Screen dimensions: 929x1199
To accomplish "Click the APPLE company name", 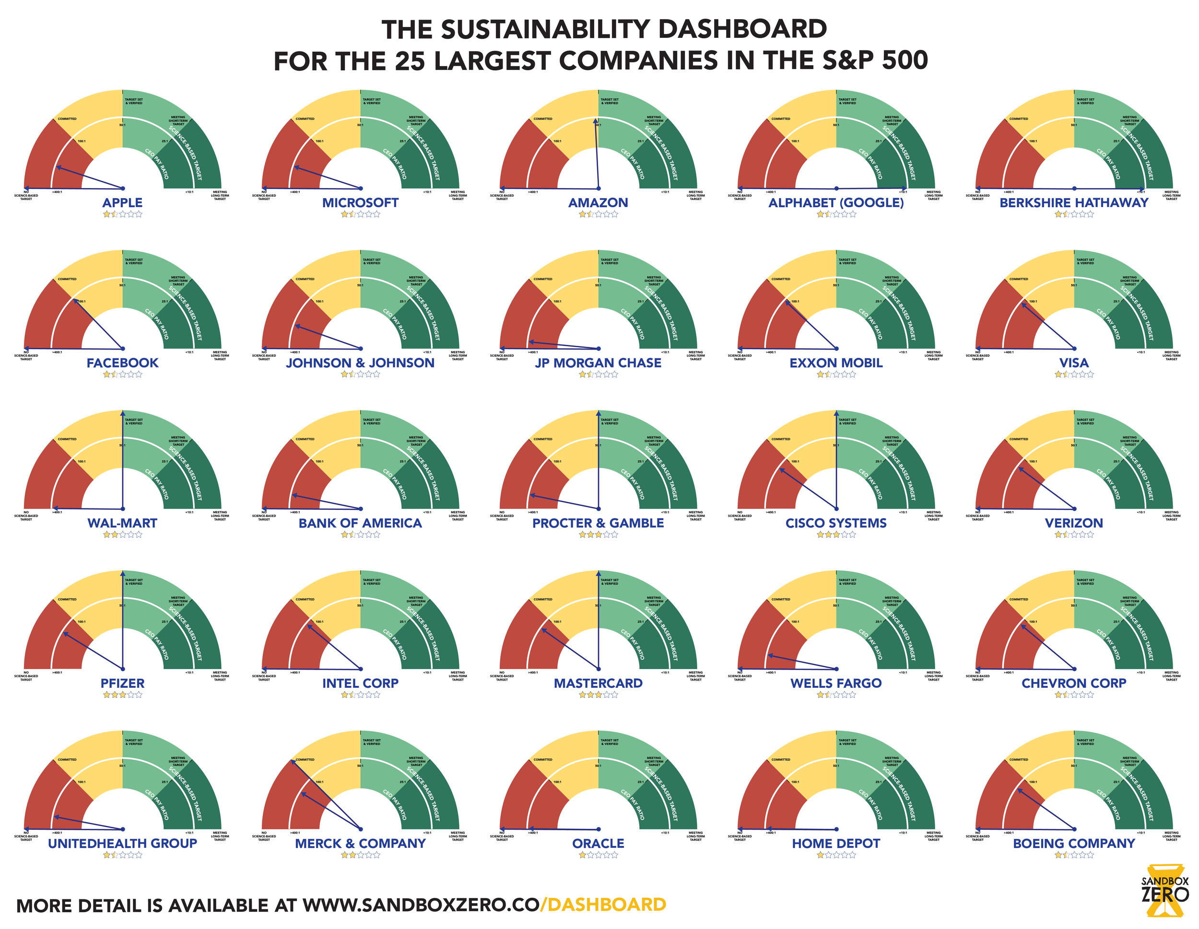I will [122, 202].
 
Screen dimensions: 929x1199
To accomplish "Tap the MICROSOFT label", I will [360, 202].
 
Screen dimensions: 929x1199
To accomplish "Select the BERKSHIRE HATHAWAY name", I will [1074, 202].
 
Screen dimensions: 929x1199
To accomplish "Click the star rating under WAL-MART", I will [122, 534].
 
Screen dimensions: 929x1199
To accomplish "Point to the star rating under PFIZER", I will [122, 694].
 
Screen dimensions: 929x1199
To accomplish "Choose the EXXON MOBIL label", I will [835, 363].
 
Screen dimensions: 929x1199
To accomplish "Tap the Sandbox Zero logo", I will [1164, 891].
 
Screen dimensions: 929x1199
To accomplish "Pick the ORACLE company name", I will [598, 843].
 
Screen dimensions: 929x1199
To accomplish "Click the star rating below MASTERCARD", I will [598, 694].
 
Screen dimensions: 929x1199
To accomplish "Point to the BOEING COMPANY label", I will [1074, 843].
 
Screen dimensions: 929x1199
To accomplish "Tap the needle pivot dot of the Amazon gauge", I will [599, 188].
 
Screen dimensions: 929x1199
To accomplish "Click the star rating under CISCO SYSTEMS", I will [835, 534].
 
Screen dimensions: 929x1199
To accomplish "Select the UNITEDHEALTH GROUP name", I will [122, 843].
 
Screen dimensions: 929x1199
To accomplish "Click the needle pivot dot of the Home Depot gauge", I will [836, 829].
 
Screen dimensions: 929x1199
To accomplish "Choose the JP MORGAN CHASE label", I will [598, 363].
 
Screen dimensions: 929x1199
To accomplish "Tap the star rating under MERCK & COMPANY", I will [360, 855].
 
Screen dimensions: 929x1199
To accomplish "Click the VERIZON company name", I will [1074, 523].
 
